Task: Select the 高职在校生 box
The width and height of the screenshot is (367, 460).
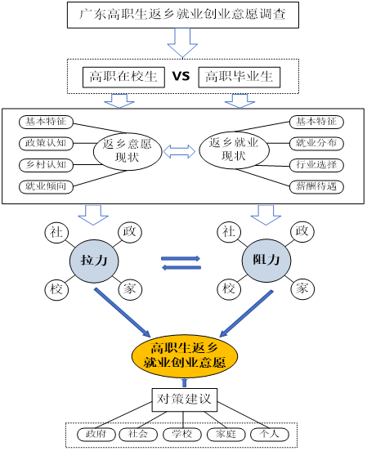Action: (123, 77)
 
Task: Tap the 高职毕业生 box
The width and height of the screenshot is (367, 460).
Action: (239, 77)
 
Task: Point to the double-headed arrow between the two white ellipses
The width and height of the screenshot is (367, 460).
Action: (180, 151)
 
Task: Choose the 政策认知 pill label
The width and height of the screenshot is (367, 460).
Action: (47, 144)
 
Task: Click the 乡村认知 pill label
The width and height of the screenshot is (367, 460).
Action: (47, 165)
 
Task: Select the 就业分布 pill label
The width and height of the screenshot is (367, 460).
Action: (316, 144)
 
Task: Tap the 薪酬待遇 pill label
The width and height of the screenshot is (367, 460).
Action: (316, 187)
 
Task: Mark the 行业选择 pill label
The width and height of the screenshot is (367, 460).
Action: (316, 165)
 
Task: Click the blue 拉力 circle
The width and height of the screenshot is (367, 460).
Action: (94, 261)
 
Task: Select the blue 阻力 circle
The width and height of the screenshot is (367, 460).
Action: (266, 261)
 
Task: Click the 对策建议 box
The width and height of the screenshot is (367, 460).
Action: (184, 400)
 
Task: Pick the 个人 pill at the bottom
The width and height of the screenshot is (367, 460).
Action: (269, 434)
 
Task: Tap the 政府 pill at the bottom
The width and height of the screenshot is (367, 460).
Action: (96, 434)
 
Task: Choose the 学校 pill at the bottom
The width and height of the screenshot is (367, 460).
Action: (181, 434)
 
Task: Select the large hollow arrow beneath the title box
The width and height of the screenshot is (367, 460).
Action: (182, 42)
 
